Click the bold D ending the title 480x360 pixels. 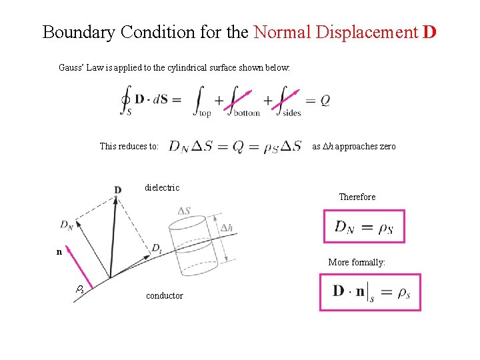click(429, 32)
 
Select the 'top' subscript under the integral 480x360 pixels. click(205, 113)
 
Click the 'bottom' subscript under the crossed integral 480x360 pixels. click(246, 113)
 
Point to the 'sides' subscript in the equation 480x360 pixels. click(291, 113)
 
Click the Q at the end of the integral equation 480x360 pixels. click(325, 101)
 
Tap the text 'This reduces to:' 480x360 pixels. click(129, 146)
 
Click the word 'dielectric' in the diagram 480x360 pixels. click(162, 187)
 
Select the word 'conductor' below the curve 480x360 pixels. click(164, 295)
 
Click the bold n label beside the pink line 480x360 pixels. click(59, 252)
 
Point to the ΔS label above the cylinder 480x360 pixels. click(185, 211)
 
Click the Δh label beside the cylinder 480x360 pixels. click(227, 227)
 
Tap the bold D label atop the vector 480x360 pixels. click(117, 190)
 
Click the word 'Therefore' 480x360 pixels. click(357, 197)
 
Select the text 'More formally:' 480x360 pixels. click(357, 262)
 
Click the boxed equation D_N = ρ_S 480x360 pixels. click(363, 227)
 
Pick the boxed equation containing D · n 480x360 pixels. click(370, 292)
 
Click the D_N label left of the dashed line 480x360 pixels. click(67, 225)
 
